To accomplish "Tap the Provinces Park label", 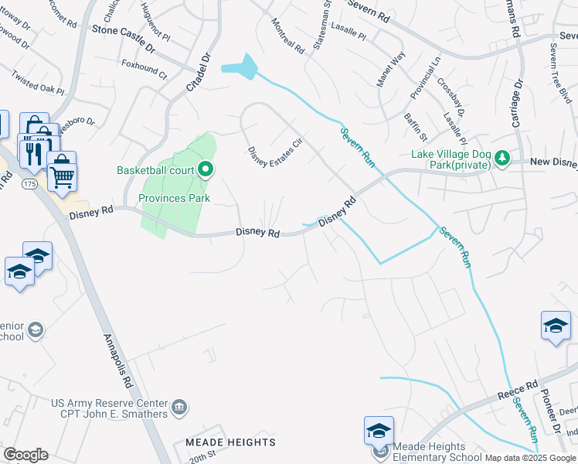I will coord(174,198).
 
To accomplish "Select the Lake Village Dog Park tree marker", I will coord(502,158).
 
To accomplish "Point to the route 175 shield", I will coord(29,184).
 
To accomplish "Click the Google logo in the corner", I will coord(25,455).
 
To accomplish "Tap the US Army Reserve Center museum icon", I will coord(179,405).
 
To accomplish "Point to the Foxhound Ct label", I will coord(144,68).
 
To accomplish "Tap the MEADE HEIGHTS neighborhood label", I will coord(230,442).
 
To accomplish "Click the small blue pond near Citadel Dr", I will coord(242,67).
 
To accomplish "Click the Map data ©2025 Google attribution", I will coord(530,458).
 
